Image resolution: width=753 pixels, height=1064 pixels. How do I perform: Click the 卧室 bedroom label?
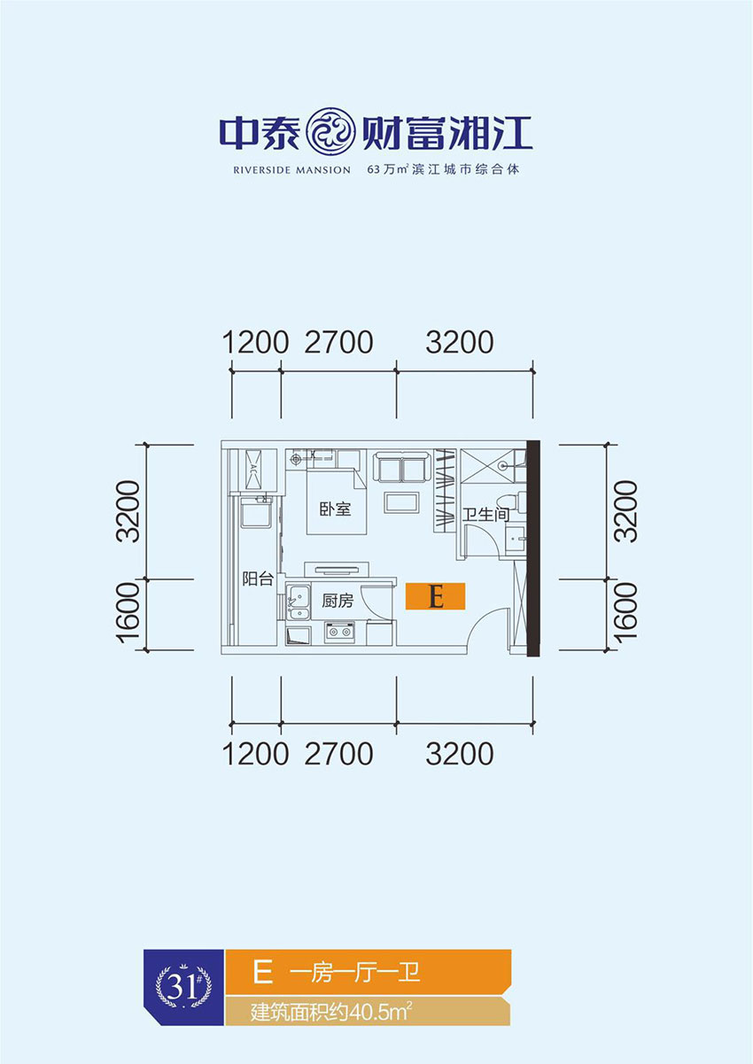pyautogui.click(x=336, y=509)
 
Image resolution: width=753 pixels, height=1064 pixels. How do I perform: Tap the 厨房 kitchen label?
pyautogui.click(x=338, y=601)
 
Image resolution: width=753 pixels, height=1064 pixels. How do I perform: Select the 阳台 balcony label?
pyautogui.click(x=257, y=579)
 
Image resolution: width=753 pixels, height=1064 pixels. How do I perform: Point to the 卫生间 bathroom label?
pyautogui.click(x=484, y=514)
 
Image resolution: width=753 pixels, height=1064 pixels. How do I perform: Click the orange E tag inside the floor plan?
pyautogui.click(x=435, y=597)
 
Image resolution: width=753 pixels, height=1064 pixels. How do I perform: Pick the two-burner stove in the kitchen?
pyautogui.click(x=339, y=632)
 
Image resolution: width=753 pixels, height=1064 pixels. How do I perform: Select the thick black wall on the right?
pyautogui.click(x=533, y=549)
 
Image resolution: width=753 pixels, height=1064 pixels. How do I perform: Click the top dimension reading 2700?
pyautogui.click(x=338, y=342)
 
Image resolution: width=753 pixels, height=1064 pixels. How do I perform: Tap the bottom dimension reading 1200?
pyautogui.click(x=256, y=754)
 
